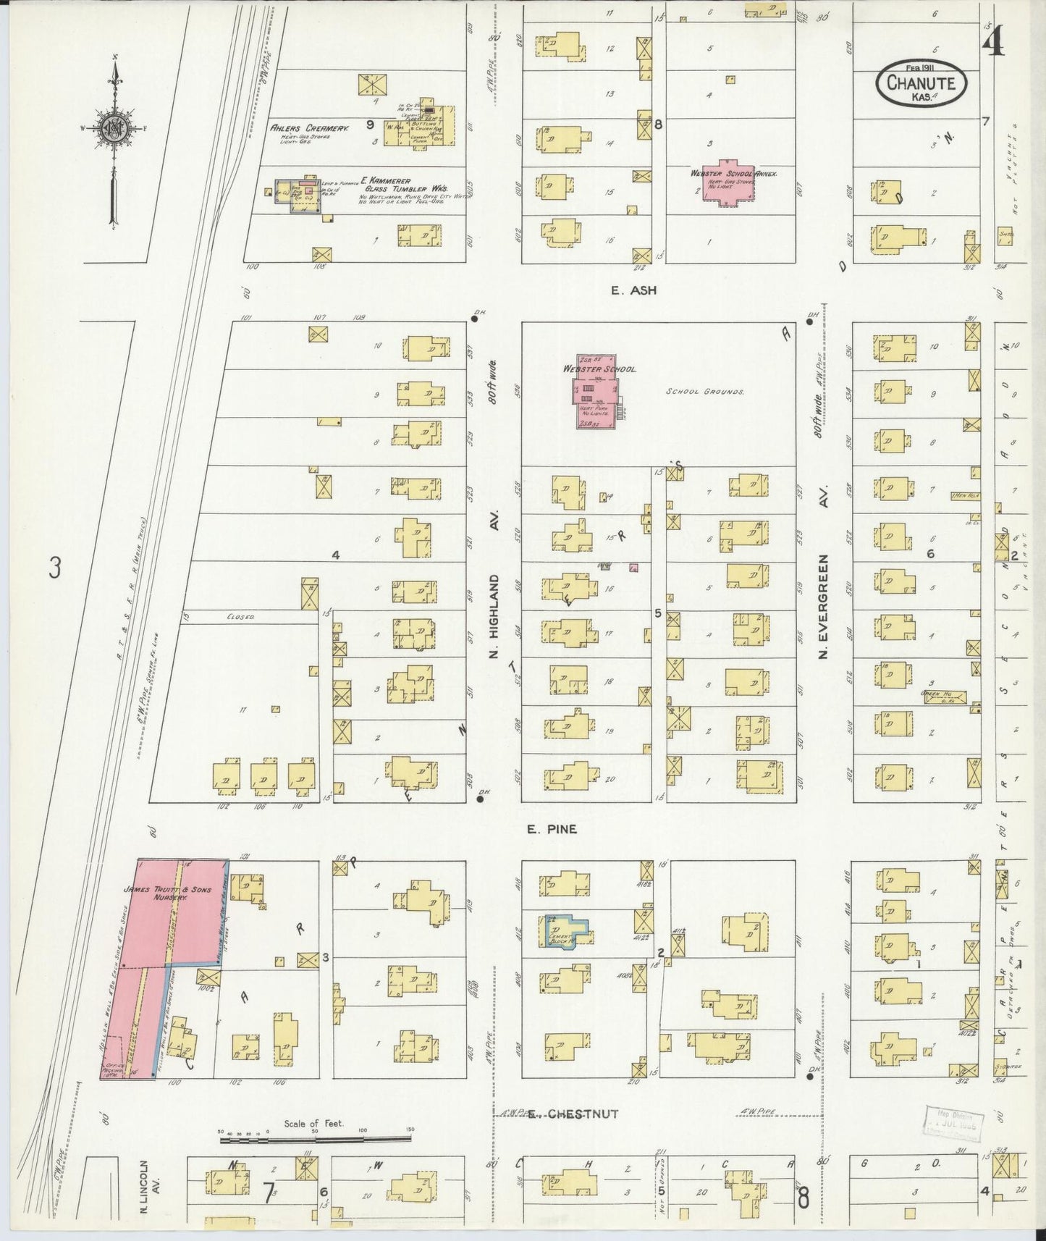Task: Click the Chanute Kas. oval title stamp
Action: click(921, 84)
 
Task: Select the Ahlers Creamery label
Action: click(310, 127)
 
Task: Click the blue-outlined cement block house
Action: click(565, 931)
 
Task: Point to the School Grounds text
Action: click(705, 391)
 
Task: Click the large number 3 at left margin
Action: click(54, 568)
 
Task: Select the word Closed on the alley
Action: click(240, 617)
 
